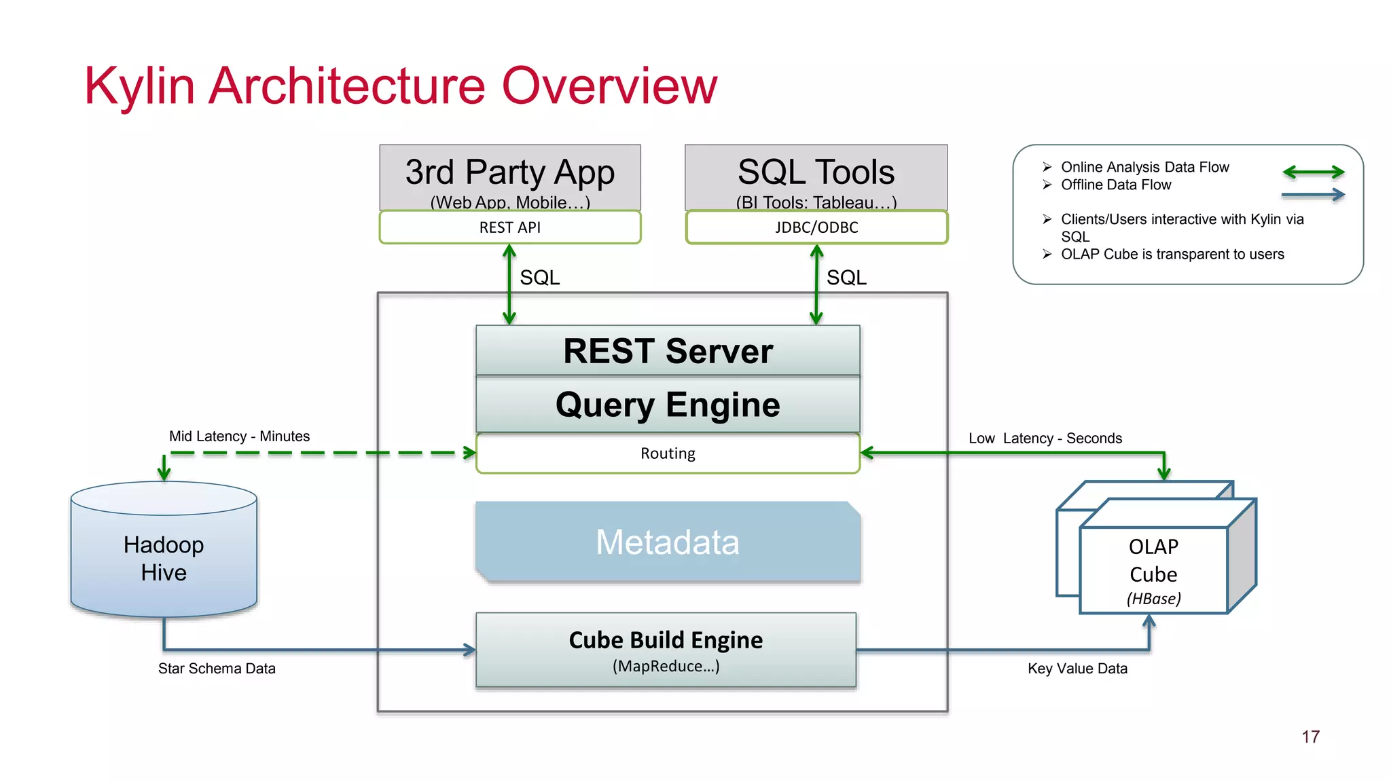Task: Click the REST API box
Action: click(x=509, y=227)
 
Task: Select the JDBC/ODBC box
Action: click(x=816, y=227)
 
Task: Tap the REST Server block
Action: click(x=668, y=351)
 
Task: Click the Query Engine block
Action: click(x=668, y=405)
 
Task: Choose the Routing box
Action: click(x=668, y=453)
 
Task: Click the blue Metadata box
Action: click(x=668, y=542)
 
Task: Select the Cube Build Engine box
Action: click(x=666, y=650)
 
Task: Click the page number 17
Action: click(x=1310, y=737)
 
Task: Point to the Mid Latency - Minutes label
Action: click(x=239, y=436)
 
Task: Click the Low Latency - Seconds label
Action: click(x=1045, y=439)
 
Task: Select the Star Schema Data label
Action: click(x=217, y=669)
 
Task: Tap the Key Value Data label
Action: click(x=1077, y=669)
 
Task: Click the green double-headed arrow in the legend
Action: click(x=1313, y=172)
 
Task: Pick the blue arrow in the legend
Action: click(x=1313, y=195)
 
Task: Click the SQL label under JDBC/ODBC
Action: click(x=846, y=278)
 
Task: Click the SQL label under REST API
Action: click(x=539, y=278)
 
